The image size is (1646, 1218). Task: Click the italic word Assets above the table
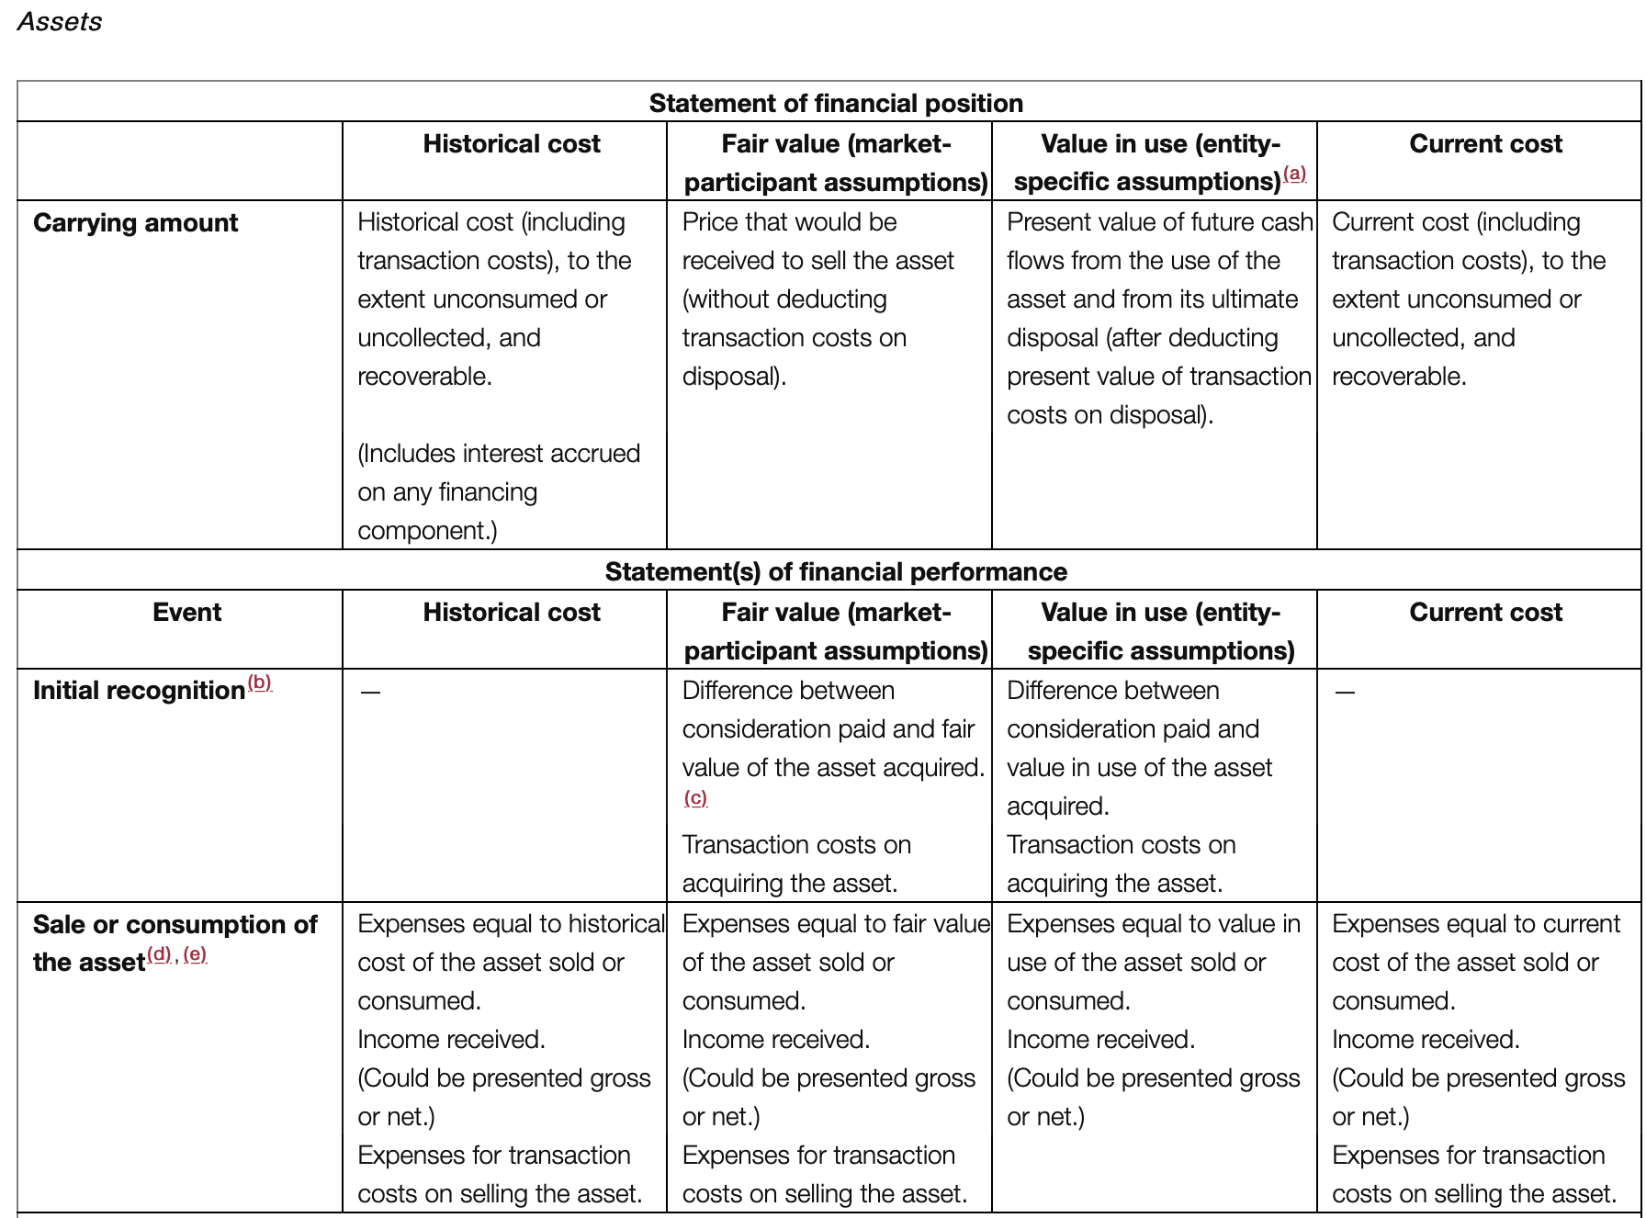tap(60, 21)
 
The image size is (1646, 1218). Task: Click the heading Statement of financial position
tap(835, 103)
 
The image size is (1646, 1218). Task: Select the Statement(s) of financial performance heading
tap(835, 571)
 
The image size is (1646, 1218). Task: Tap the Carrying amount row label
tap(135, 222)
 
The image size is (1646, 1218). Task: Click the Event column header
tap(186, 612)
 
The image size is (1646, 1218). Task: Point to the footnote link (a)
tap(1294, 173)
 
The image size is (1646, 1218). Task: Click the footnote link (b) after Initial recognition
tap(260, 682)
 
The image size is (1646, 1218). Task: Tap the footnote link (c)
tap(695, 797)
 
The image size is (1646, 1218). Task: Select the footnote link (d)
tap(160, 954)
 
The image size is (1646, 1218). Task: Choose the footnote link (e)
tap(195, 954)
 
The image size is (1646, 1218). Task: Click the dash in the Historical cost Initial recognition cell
tap(370, 692)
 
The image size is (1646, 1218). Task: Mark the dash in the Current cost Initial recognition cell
tap(1345, 692)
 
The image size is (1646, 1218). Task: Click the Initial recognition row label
tap(139, 690)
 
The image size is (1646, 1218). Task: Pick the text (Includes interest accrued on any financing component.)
tap(498, 491)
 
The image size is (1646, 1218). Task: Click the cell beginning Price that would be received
tap(817, 299)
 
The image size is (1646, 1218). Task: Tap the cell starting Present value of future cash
tap(1158, 318)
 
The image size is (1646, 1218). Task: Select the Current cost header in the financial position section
tap(1485, 143)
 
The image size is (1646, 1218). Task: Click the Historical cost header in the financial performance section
tap(511, 612)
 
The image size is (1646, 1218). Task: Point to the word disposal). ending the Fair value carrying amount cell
tap(734, 377)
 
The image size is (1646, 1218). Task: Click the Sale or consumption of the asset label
tap(175, 942)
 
